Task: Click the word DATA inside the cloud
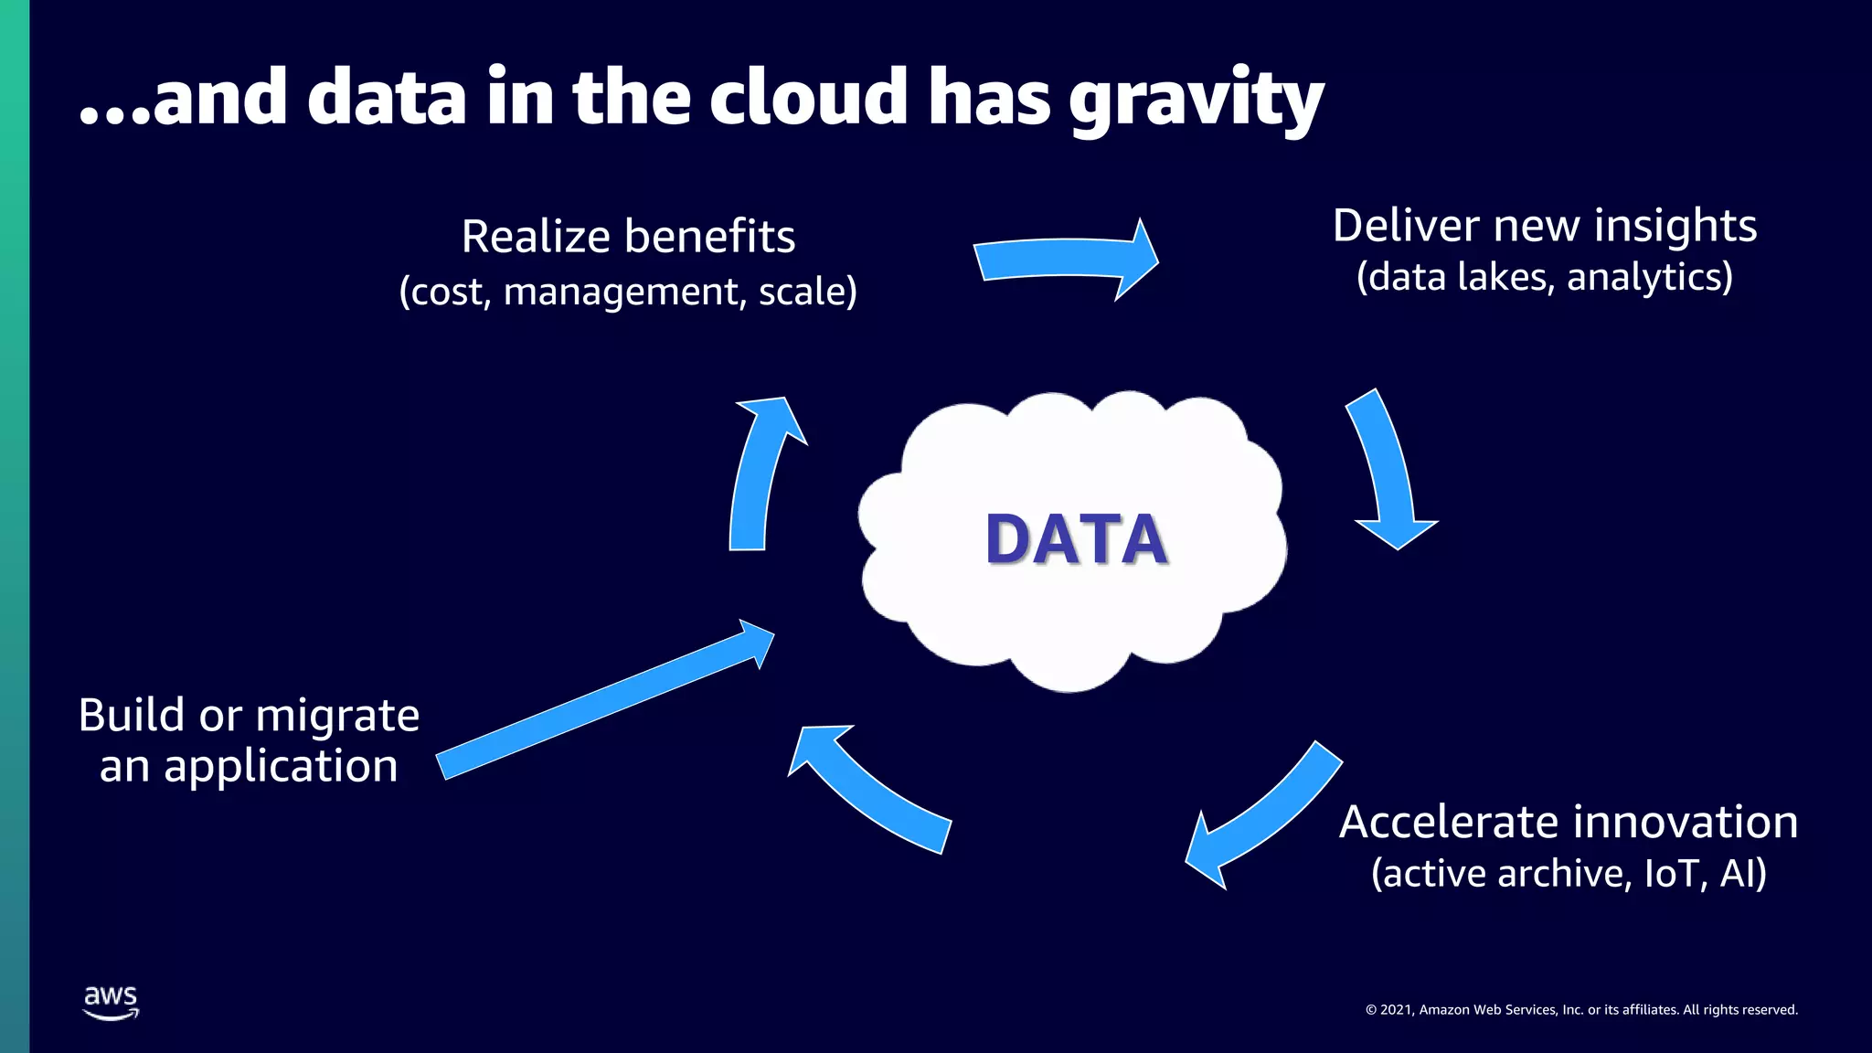tap(1076, 539)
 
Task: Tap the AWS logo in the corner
tap(111, 1002)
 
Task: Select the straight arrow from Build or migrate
tap(603, 700)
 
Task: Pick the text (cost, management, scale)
tap(628, 292)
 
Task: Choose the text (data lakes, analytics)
tap(1544, 277)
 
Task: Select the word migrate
tap(336, 716)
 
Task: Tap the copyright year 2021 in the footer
tap(1396, 1010)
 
